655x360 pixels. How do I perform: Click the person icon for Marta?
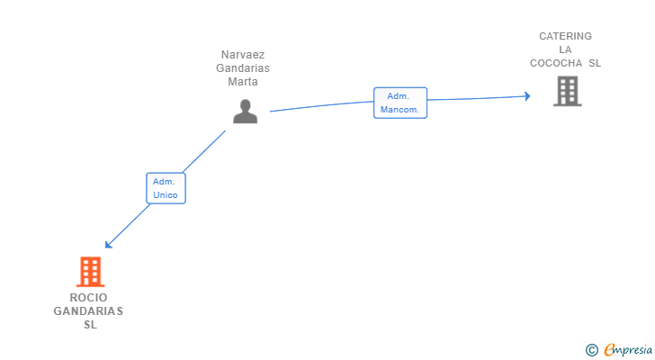(x=245, y=111)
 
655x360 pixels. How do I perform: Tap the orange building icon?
(x=89, y=271)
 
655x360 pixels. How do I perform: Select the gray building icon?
(x=567, y=91)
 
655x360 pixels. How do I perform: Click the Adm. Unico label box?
(x=166, y=188)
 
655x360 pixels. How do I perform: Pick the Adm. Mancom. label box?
(x=400, y=103)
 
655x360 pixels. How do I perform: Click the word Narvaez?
(x=243, y=55)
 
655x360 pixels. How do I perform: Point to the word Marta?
(x=243, y=82)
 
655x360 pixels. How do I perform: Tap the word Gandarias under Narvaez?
(x=243, y=68)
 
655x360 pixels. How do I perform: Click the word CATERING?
(x=565, y=37)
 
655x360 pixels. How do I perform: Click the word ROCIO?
(x=88, y=298)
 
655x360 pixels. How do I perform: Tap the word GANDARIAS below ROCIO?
(x=88, y=311)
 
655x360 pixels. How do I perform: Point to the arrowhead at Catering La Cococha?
(x=528, y=96)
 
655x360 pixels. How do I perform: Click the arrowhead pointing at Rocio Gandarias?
(x=108, y=244)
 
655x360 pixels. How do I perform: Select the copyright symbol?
(x=592, y=350)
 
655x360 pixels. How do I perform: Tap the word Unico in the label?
(x=166, y=195)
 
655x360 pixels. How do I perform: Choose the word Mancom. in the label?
(x=400, y=110)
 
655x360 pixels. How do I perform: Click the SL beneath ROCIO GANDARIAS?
(x=89, y=325)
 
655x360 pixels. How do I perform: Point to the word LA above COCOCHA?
(x=565, y=50)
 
